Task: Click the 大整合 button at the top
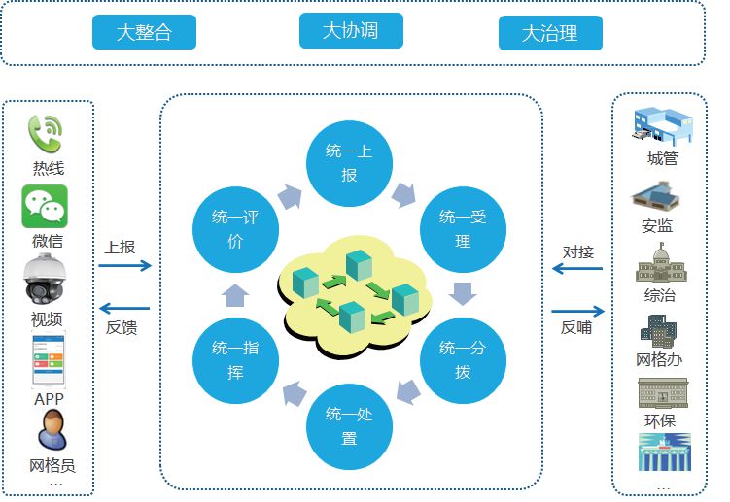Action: tap(144, 32)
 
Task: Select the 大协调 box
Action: tap(351, 31)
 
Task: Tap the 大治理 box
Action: tap(550, 33)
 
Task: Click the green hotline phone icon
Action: tap(45, 134)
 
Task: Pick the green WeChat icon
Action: tap(45, 206)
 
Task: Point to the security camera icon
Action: tap(45, 279)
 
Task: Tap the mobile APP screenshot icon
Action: tap(49, 358)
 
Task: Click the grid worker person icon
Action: tap(52, 429)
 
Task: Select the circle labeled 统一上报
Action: tap(349, 163)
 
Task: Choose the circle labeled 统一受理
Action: tap(463, 229)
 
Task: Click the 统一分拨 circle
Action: tap(463, 360)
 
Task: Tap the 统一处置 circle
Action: tap(349, 426)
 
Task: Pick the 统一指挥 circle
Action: tap(235, 360)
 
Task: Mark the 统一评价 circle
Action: tap(235, 229)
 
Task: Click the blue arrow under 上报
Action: tap(125, 266)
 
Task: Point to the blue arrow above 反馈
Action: tap(124, 308)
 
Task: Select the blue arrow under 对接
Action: tap(576, 268)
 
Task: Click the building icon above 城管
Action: tap(663, 126)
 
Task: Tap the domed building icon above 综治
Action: tap(661, 263)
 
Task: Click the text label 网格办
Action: tap(659, 359)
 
